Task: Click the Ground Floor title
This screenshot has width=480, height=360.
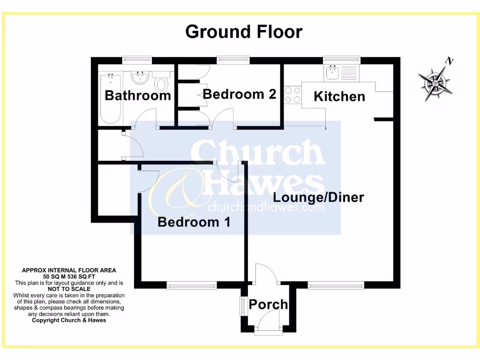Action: tap(244, 32)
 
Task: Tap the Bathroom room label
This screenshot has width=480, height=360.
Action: tap(138, 96)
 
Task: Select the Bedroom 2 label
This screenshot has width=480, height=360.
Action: tap(239, 94)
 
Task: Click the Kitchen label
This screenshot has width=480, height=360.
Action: tap(339, 97)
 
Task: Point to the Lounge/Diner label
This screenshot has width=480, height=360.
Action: tap(318, 197)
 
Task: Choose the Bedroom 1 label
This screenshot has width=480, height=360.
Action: tap(194, 222)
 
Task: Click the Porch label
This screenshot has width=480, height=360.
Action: tap(268, 305)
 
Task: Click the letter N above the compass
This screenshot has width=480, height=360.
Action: tap(450, 61)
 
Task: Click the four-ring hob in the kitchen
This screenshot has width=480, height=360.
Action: tap(292, 94)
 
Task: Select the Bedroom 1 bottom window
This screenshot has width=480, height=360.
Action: tap(192, 285)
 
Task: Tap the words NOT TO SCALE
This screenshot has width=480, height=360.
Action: tap(69, 289)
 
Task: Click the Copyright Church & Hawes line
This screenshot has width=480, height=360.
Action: tap(69, 320)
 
